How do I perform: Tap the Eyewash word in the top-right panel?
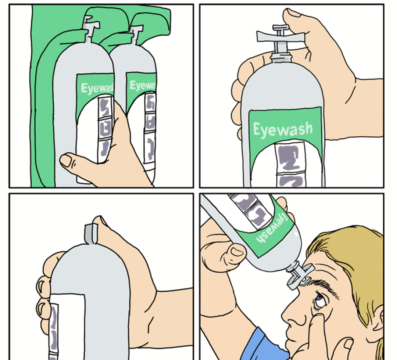tap(283, 129)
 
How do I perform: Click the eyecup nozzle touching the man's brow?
tap(300, 276)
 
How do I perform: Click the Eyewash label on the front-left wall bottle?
tap(96, 88)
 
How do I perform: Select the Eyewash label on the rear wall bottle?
tap(143, 85)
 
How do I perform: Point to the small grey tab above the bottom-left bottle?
tap(91, 234)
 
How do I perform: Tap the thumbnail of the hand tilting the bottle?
tap(237, 252)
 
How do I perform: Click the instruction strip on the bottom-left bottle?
tap(54, 331)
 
